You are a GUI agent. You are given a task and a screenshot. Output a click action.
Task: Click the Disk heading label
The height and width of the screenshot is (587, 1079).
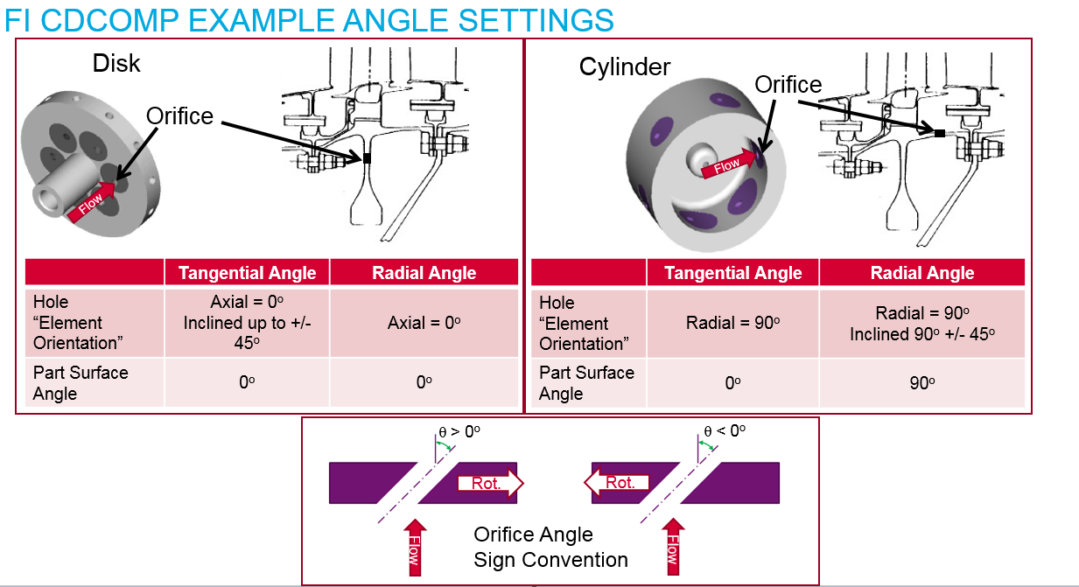click(116, 63)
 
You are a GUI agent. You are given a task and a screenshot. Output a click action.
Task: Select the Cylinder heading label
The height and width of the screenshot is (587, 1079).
click(625, 66)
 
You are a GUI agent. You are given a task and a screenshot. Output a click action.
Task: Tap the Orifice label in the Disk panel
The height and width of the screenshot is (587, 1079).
click(179, 115)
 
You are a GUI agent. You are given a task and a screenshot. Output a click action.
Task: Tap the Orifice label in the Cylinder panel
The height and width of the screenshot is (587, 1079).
click(788, 84)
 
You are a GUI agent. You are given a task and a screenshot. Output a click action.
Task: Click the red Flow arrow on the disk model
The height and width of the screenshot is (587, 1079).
click(92, 202)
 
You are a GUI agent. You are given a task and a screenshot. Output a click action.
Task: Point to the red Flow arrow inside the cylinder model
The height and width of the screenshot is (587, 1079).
click(728, 164)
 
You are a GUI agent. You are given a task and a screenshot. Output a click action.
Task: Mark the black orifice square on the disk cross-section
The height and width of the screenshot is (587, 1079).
click(367, 158)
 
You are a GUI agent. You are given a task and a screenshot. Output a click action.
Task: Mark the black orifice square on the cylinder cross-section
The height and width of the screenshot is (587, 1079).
click(939, 134)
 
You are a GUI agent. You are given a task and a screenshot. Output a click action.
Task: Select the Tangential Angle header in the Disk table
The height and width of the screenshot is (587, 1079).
click(247, 273)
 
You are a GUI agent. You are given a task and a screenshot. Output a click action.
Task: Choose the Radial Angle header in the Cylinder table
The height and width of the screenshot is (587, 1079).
click(921, 273)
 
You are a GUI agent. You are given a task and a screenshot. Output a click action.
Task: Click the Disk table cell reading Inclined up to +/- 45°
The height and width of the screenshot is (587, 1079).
click(247, 323)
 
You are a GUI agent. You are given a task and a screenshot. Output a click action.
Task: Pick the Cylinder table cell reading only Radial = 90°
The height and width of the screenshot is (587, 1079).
click(732, 323)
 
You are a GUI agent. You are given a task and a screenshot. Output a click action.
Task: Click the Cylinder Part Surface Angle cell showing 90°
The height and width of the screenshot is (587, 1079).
click(921, 382)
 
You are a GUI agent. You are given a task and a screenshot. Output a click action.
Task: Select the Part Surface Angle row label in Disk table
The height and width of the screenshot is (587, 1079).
click(81, 382)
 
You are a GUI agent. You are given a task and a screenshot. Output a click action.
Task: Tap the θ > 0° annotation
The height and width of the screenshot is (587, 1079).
click(459, 431)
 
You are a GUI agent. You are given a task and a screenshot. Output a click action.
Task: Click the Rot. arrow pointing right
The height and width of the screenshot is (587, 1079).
click(489, 483)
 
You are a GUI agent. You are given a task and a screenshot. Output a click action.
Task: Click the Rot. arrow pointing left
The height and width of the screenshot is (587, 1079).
click(617, 482)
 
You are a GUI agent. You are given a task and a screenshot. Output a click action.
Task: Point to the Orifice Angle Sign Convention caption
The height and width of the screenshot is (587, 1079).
click(550, 547)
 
